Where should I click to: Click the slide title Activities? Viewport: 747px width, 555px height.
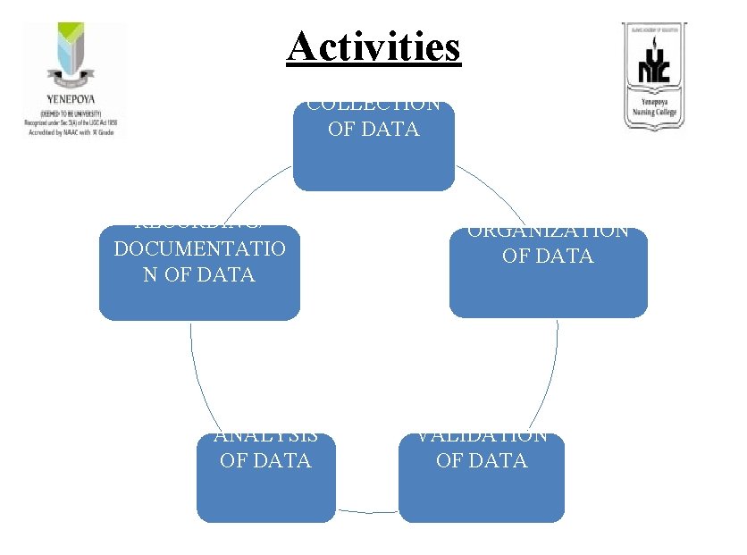click(x=373, y=46)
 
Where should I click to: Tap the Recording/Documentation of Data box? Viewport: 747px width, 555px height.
click(x=199, y=273)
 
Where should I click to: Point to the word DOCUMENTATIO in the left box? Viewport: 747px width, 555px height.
click(x=199, y=248)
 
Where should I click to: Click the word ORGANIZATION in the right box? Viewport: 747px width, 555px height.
click(x=548, y=231)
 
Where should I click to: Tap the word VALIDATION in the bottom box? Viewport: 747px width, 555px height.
click(x=483, y=436)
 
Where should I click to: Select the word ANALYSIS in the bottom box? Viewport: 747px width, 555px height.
click(x=265, y=436)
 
